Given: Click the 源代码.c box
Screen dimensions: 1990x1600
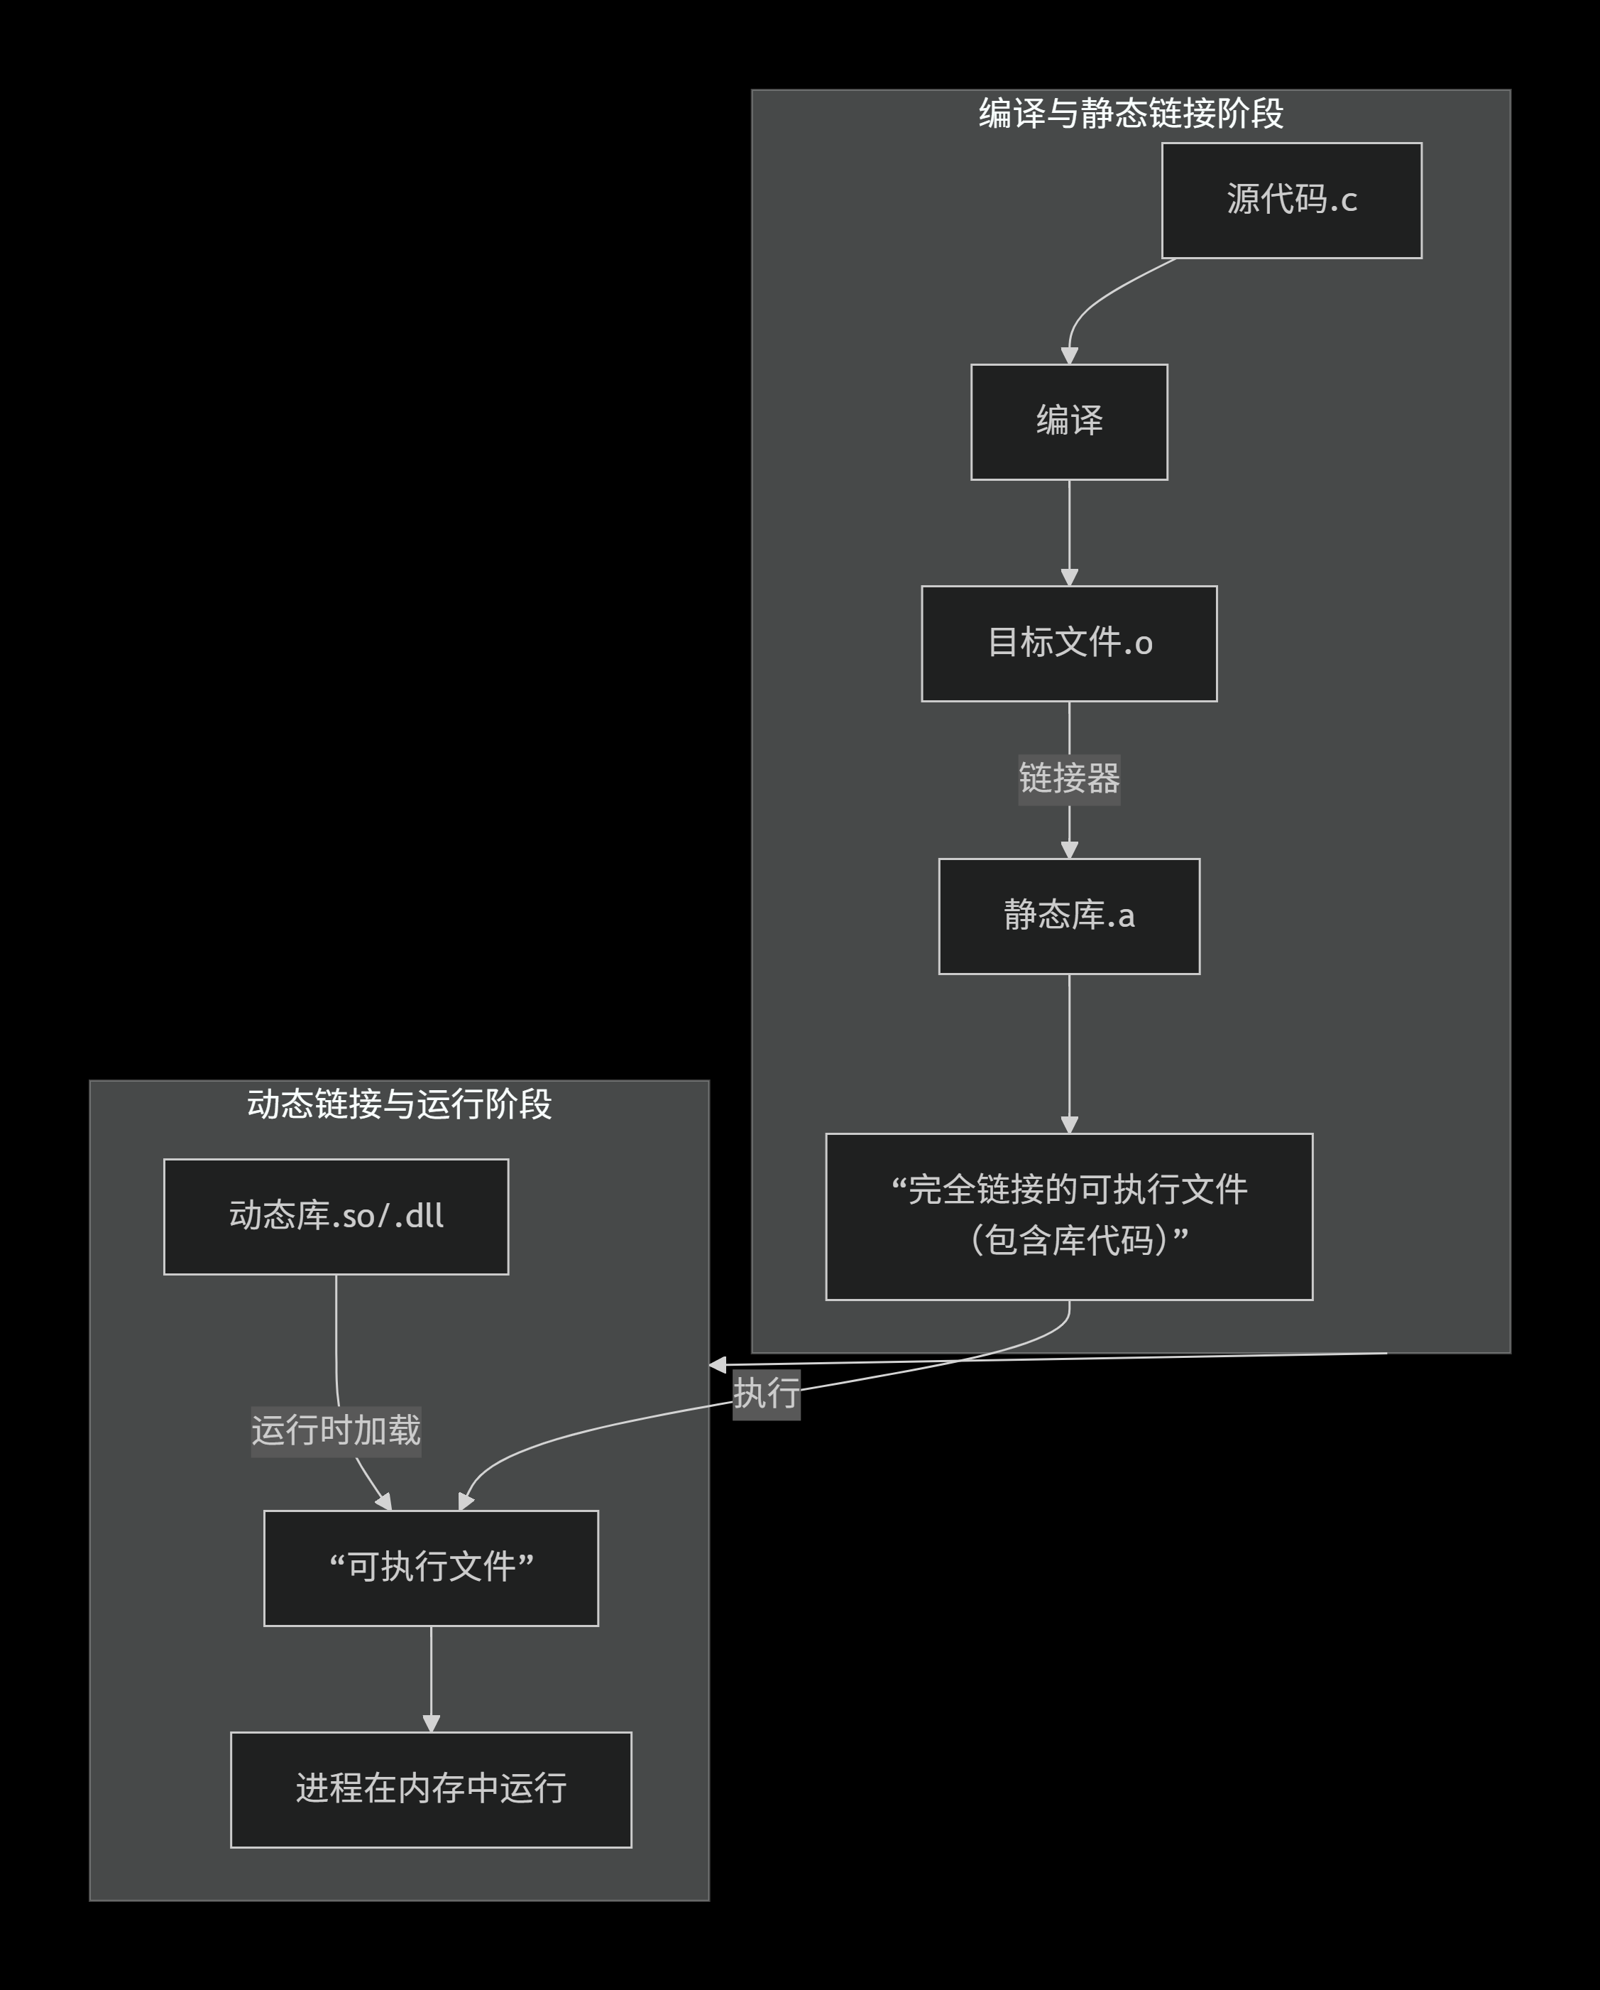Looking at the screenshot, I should point(1291,200).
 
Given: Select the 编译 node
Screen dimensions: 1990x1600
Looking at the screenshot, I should point(1068,422).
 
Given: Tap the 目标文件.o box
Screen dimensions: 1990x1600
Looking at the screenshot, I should point(1068,643).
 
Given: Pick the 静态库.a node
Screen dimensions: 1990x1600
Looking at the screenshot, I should point(1068,915).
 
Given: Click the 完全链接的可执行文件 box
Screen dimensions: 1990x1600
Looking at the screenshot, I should point(1068,1216).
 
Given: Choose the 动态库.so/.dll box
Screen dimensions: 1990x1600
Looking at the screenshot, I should point(336,1217).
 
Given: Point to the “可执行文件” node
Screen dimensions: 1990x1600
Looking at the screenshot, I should point(431,1567).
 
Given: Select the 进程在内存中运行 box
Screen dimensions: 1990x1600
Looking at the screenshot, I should point(431,1789).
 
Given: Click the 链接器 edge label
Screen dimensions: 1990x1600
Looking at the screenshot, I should point(1068,779).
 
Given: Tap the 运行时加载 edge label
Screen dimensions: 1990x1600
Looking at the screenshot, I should point(336,1430).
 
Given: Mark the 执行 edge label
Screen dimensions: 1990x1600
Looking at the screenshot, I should point(766,1393).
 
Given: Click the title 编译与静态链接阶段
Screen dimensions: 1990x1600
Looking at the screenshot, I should point(1130,114).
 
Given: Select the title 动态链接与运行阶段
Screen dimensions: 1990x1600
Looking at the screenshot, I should point(399,1104).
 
